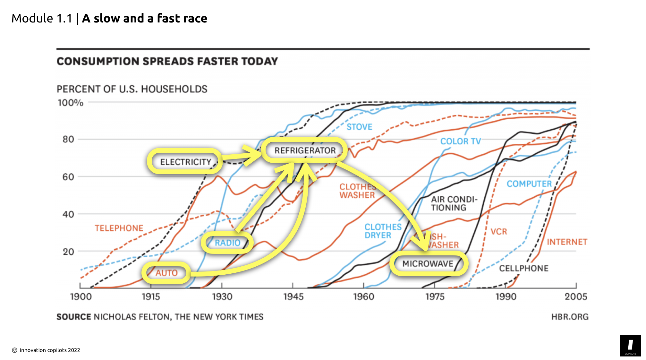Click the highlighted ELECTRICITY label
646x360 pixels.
[x=185, y=162]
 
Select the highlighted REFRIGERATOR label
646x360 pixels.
[x=305, y=150]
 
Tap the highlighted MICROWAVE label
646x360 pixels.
[x=428, y=263]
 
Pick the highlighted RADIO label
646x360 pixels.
[x=227, y=243]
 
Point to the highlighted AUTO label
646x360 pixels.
[x=166, y=273]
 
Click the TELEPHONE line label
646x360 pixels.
[x=119, y=228]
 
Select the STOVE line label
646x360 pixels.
[x=359, y=127]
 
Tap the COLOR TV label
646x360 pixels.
[x=460, y=141]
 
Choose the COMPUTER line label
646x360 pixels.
[x=529, y=184]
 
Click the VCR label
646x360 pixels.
[x=499, y=232]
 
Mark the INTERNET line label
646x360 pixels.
[x=567, y=242]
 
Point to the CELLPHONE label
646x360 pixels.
[x=523, y=268]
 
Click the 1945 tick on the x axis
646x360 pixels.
[x=293, y=296]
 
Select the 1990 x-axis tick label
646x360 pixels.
[x=506, y=296]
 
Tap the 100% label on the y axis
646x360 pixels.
[x=70, y=103]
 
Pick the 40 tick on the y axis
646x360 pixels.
[x=68, y=214]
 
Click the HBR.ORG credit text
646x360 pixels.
[x=570, y=317]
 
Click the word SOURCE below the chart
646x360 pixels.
[x=74, y=317]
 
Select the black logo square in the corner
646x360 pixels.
[x=630, y=346]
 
